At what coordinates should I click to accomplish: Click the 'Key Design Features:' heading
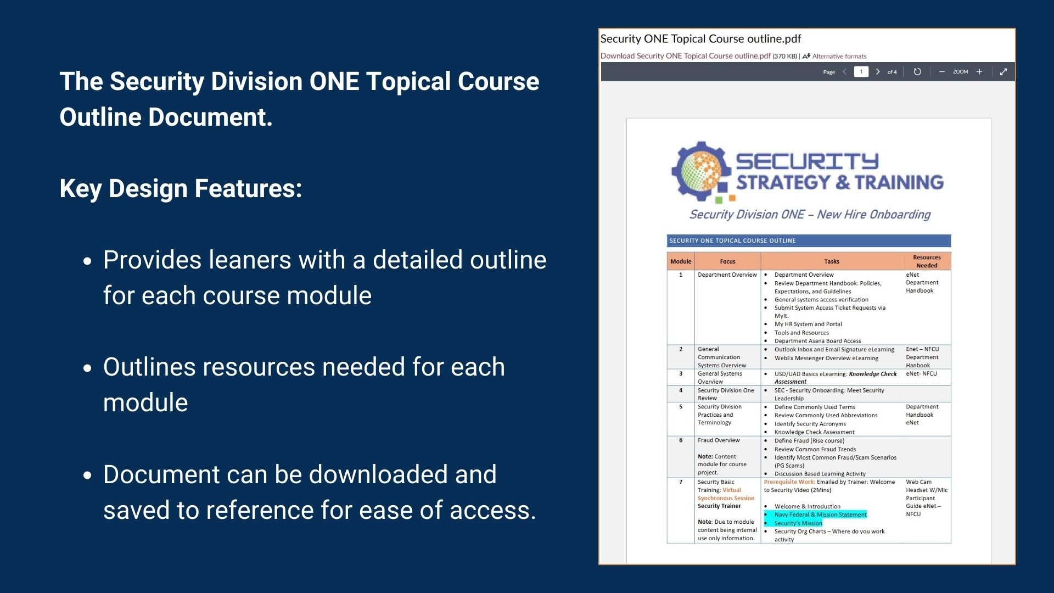[x=181, y=188]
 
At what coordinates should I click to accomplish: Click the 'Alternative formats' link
[x=839, y=56]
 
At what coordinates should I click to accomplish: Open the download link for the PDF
[x=685, y=56]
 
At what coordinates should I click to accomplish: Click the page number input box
[x=861, y=72]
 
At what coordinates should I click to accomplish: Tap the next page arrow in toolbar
[x=878, y=72]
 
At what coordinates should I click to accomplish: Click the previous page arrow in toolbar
[x=845, y=72]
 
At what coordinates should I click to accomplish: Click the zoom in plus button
[x=979, y=72]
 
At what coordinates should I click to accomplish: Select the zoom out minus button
[x=942, y=72]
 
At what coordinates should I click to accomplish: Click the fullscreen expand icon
[x=1003, y=72]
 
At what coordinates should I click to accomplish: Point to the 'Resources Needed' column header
[x=927, y=261]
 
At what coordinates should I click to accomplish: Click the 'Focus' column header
[x=727, y=261]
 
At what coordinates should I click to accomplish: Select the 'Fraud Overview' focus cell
[x=719, y=440]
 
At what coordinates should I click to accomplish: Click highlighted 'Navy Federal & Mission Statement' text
[x=820, y=514]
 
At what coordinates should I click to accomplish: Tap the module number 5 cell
[x=681, y=407]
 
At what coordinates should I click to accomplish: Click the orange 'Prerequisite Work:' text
[x=789, y=482]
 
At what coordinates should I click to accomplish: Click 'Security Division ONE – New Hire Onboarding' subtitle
[x=810, y=214]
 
